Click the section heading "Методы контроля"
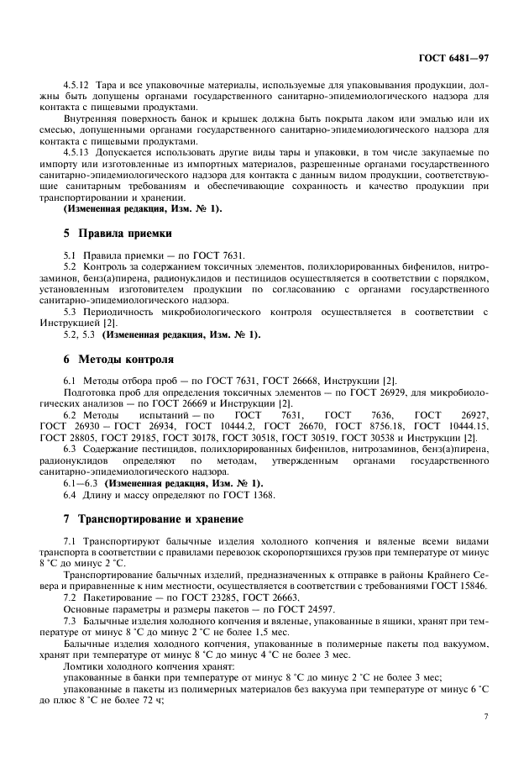tap(126, 360)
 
